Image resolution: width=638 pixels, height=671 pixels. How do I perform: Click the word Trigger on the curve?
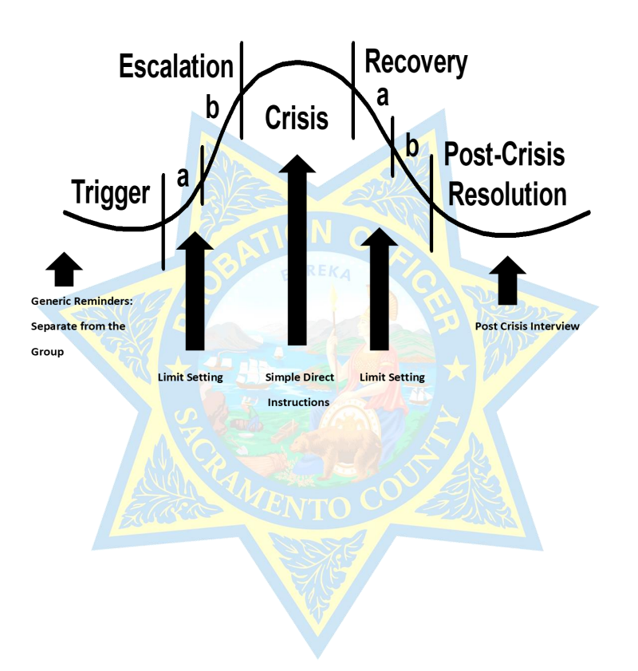110,193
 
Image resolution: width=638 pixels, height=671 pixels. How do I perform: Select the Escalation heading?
175,67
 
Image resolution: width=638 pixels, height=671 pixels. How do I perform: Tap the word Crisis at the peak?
296,118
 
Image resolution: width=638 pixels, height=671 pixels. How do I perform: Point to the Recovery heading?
415,63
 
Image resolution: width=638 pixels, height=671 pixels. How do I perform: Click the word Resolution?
505,195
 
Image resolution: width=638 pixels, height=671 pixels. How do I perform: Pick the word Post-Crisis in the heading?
504,154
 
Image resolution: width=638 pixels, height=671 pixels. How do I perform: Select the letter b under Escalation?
212,108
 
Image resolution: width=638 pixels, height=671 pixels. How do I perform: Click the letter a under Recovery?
382,96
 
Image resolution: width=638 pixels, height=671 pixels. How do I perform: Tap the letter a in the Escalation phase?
183,176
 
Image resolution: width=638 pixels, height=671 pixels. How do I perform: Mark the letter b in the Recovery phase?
412,146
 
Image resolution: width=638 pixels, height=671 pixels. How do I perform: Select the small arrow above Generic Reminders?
64,269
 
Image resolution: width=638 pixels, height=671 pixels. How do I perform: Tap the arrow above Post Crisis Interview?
507,279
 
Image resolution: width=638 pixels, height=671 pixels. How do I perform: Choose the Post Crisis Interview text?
527,326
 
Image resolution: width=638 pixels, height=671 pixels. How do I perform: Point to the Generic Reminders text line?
81,302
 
